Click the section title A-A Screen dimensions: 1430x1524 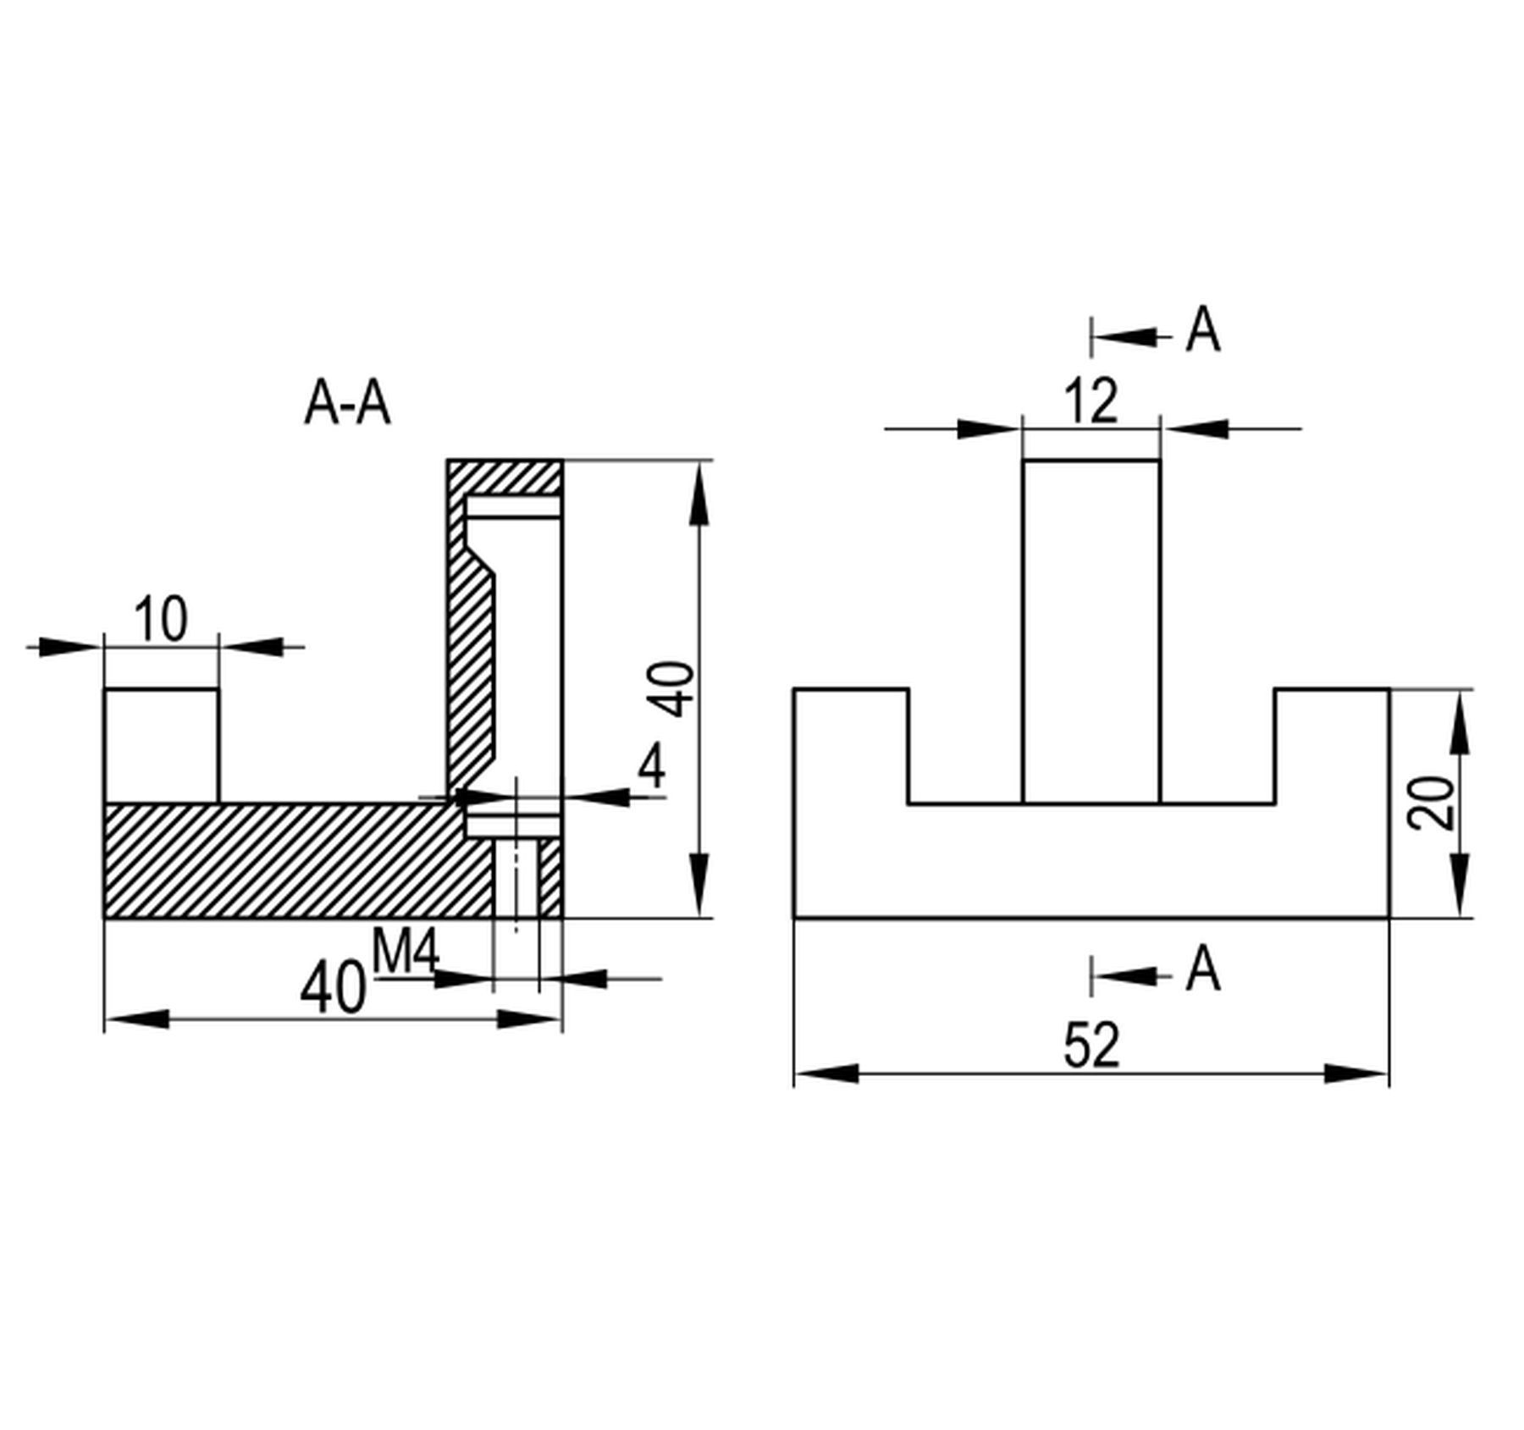pos(347,404)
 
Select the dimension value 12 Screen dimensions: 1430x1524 pos(1091,401)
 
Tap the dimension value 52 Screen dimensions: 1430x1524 pos(1091,1046)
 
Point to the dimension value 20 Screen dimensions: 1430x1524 pos(1432,803)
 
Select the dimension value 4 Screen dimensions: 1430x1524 pos(652,767)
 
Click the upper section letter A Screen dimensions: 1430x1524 pos(1203,330)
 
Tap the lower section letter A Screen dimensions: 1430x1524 pos(1203,969)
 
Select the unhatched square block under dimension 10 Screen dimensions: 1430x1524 pos(161,745)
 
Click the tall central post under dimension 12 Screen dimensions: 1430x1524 pos(1091,631)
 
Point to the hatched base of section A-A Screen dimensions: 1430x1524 pos(288,860)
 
